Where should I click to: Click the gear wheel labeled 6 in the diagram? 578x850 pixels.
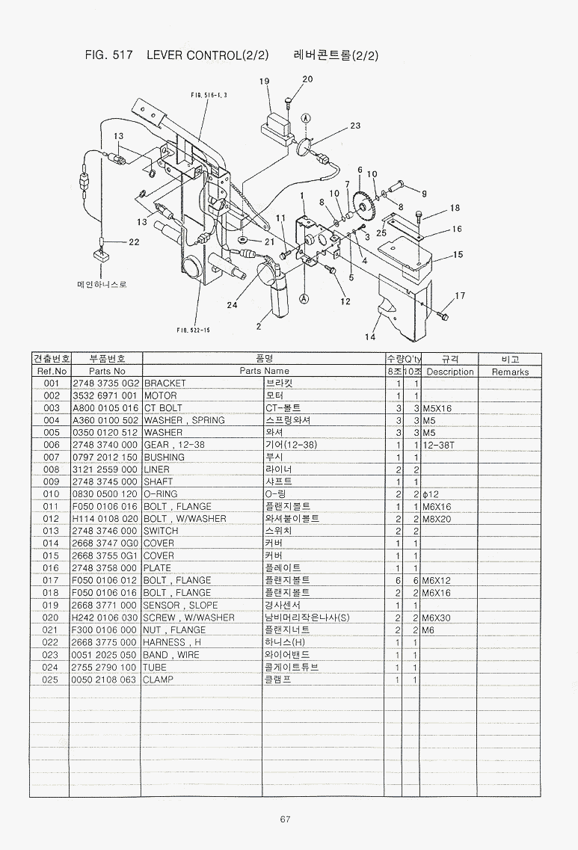[366, 203]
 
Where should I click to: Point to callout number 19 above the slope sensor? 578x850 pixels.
[264, 81]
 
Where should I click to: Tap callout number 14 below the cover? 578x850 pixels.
[369, 337]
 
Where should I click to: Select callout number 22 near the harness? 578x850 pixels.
[134, 241]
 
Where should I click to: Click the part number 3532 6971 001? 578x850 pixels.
[105, 395]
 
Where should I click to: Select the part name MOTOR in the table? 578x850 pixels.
[160, 395]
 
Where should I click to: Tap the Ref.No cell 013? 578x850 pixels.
[51, 531]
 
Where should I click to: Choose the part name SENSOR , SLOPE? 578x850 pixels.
[181, 605]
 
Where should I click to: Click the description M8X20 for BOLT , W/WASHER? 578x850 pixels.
[437, 519]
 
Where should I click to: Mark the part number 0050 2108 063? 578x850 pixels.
[105, 680]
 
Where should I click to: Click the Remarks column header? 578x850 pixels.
[511, 372]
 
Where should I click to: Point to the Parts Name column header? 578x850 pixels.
[264, 371]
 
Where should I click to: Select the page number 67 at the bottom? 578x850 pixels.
[285, 819]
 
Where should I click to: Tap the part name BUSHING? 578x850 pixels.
[164, 457]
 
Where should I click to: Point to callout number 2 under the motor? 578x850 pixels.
[259, 325]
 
